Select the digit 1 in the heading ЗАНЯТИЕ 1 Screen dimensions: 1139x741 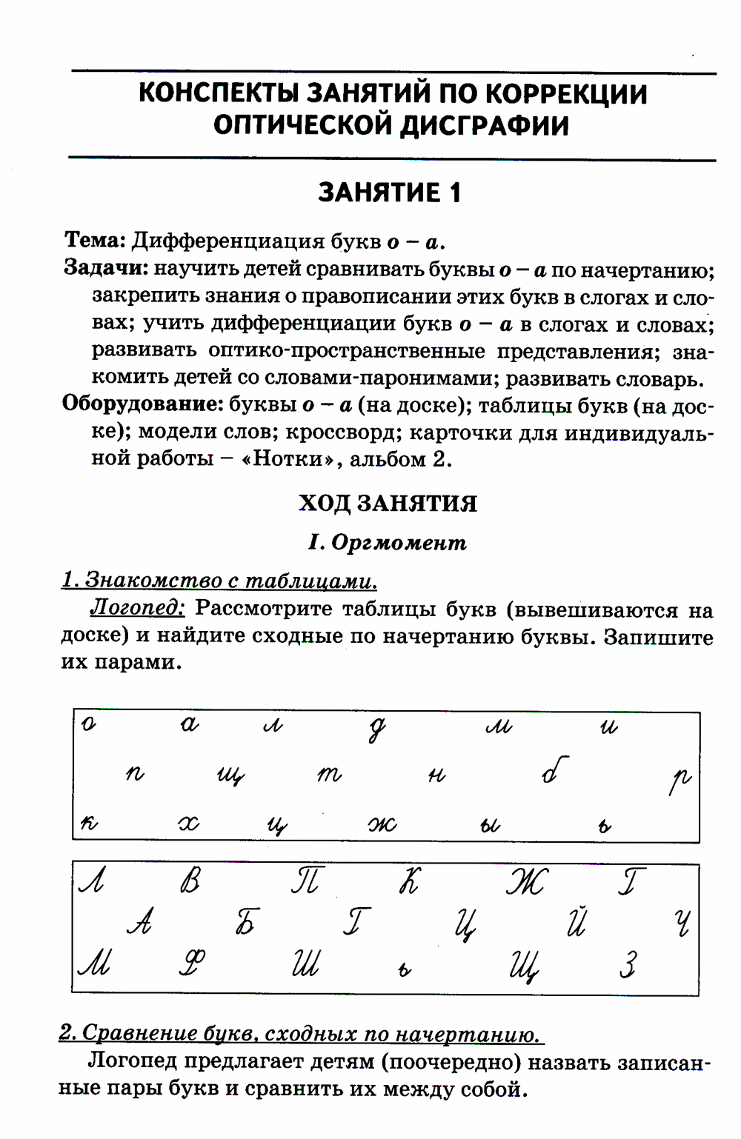click(454, 193)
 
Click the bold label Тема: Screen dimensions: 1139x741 click(95, 240)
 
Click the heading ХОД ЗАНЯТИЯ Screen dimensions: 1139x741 click(388, 503)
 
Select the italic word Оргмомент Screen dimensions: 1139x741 click(399, 543)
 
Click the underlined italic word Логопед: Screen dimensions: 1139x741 click(137, 608)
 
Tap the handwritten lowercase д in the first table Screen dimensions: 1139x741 click(377, 730)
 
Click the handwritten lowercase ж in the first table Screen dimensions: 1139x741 click(382, 824)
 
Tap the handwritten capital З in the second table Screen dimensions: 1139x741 click(628, 965)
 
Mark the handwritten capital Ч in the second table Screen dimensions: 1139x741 click(682, 922)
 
